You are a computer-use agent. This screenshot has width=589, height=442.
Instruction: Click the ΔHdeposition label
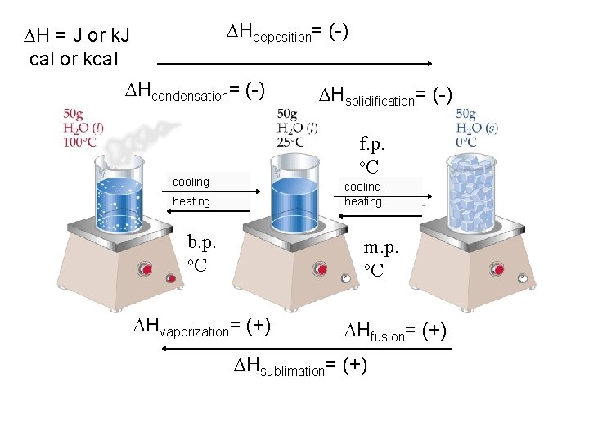coord(287,33)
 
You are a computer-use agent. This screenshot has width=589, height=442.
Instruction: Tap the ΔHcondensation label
coord(193,91)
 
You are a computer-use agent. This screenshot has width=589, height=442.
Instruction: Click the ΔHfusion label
coord(394,331)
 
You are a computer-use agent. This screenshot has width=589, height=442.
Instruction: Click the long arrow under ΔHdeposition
coord(294,62)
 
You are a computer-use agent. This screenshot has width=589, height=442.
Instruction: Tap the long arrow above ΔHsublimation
coord(307,349)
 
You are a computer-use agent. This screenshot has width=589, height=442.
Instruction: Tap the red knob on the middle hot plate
coord(322,270)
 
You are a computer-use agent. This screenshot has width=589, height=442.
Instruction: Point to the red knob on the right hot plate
coord(496,270)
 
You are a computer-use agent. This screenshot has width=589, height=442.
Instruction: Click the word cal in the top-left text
coord(41,59)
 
